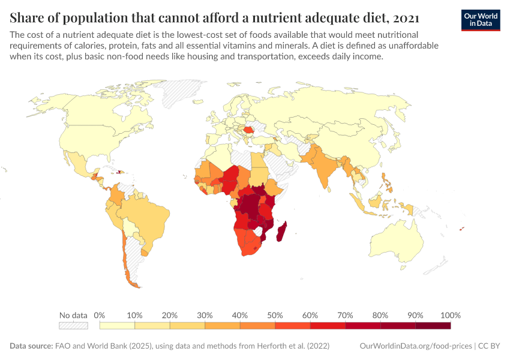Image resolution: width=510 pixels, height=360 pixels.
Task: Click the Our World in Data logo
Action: click(481, 19)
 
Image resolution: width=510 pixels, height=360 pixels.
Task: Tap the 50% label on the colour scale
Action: click(275, 316)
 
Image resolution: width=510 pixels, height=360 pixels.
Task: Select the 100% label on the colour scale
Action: click(450, 316)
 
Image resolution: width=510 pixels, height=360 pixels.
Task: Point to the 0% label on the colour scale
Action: click(100, 316)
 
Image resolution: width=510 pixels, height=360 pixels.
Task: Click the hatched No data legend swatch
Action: click(73, 325)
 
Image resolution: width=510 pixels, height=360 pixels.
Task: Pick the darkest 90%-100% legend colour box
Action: click(433, 325)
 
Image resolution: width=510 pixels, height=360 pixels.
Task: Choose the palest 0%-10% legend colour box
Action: click(117, 325)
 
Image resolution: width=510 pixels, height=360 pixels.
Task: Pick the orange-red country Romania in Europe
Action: click(248, 130)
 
